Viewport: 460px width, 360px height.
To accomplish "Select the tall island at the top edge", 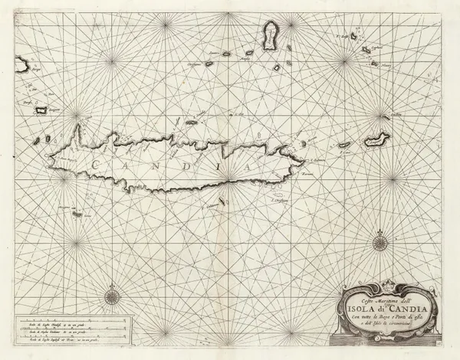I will coord(269,36).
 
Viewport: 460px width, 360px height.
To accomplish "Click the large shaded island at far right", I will coord(377,139).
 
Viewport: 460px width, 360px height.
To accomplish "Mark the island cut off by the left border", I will coord(18,61).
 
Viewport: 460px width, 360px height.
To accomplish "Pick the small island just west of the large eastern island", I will coord(345,144).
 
